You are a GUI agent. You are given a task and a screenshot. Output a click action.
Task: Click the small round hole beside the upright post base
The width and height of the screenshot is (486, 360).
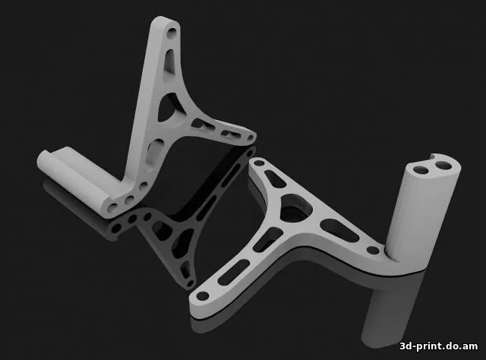pyautogui.click(x=373, y=249)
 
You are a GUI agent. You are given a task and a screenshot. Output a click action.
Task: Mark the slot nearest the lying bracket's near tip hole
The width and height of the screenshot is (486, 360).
pyautogui.click(x=229, y=274)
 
